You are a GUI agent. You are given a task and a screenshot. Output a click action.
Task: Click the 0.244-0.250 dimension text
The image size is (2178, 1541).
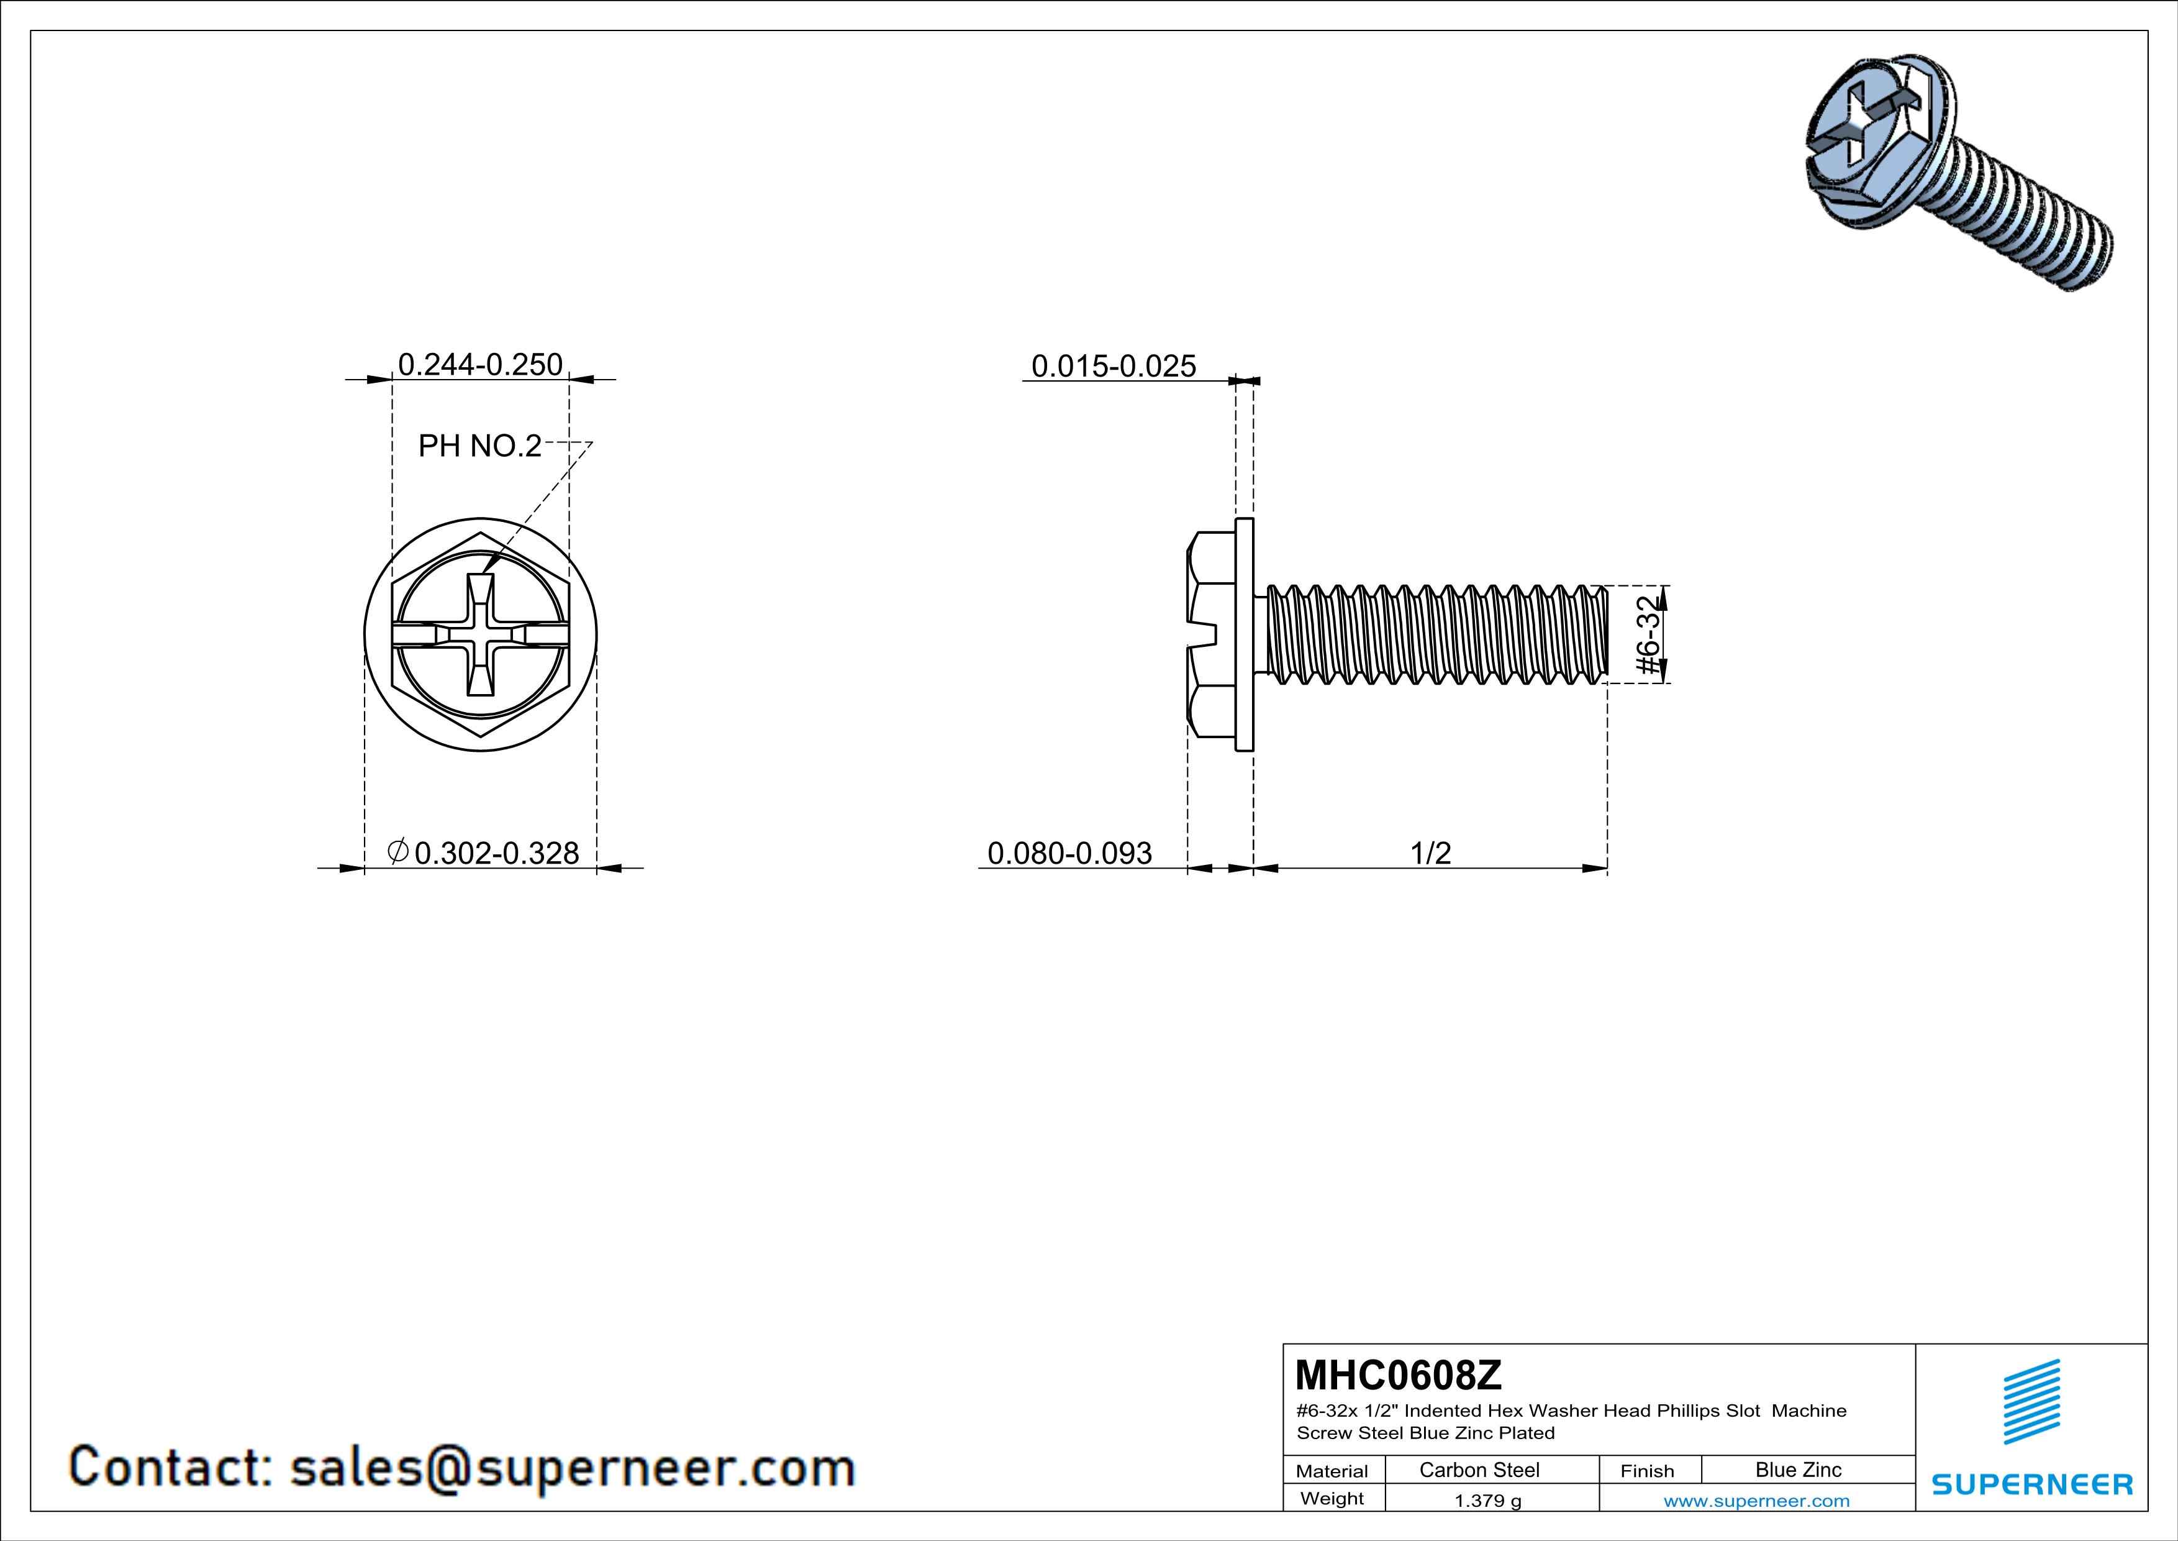point(480,364)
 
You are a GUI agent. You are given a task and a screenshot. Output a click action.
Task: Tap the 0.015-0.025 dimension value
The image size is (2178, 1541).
point(1113,366)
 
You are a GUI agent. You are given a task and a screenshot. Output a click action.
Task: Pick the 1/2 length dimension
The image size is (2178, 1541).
point(1430,853)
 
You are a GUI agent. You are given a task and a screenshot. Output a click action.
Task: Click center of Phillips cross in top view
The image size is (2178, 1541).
point(481,634)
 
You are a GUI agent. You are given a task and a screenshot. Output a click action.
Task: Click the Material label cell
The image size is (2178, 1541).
point(1332,1471)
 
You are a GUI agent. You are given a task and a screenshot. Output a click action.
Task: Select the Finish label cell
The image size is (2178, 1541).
point(1647,1471)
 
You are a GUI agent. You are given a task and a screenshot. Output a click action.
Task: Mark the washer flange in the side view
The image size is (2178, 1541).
point(1243,634)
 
